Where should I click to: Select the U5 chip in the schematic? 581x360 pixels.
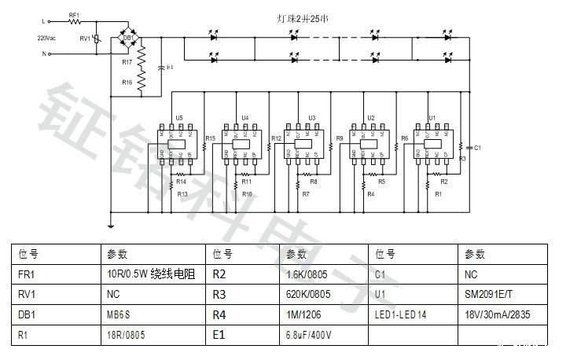[x=179, y=143]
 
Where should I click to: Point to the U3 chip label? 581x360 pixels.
[x=312, y=118]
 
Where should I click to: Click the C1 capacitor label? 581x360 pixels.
[x=477, y=147]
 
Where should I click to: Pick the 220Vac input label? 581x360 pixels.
[x=46, y=37]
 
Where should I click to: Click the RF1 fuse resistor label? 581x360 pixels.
[x=74, y=15]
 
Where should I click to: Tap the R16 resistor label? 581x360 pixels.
[x=127, y=82]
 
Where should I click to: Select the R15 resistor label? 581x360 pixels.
[x=210, y=139]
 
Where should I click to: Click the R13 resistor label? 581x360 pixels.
[x=182, y=193]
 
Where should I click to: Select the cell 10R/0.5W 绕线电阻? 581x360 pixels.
[x=149, y=274]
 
